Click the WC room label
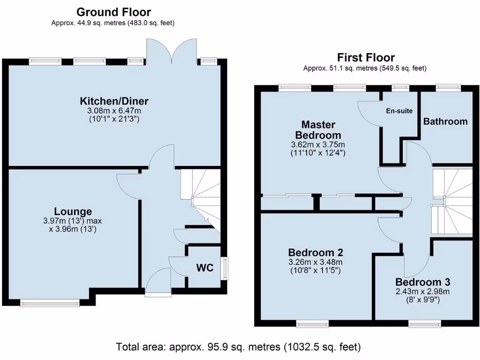[x=205, y=268]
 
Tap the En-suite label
[x=399, y=111]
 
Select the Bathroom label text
[x=445, y=121]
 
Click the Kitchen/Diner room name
[x=114, y=101]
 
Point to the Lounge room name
[x=73, y=211]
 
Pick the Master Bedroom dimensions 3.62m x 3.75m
[x=318, y=144]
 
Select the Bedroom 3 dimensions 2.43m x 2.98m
[x=423, y=291]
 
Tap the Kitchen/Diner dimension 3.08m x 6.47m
[x=114, y=111]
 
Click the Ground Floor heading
[x=113, y=12]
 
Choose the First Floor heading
[x=365, y=58]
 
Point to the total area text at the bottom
[x=239, y=347]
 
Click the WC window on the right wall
[x=225, y=269]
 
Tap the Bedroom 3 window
[x=424, y=323]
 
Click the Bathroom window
[x=447, y=87]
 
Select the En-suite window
[x=400, y=87]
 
